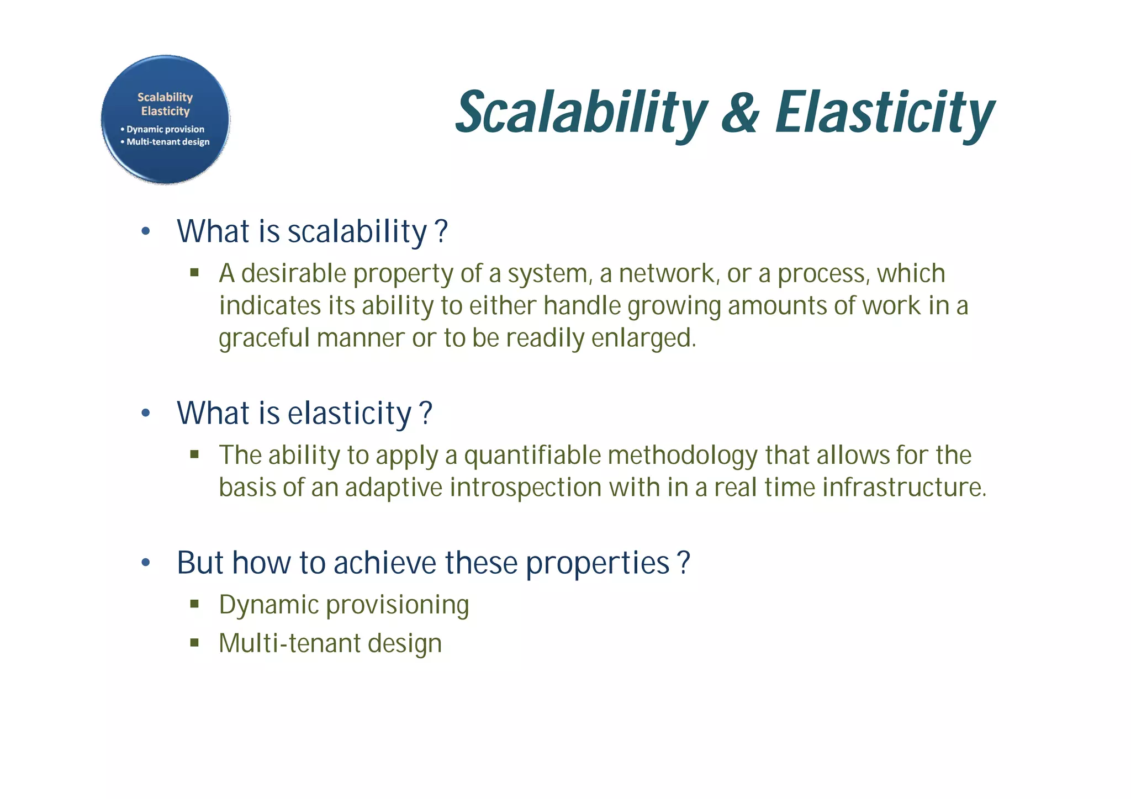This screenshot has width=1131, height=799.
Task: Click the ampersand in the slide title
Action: (740, 113)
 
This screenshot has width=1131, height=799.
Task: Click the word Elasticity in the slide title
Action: (884, 113)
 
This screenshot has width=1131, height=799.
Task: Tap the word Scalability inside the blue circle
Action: (165, 97)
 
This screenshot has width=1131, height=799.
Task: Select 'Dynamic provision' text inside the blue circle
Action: (165, 129)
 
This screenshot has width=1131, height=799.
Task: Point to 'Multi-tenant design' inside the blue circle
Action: (168, 142)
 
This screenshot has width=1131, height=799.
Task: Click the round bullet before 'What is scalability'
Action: (145, 231)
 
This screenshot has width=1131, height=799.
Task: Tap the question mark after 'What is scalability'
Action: (441, 231)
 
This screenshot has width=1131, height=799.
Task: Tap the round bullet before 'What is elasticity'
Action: (145, 413)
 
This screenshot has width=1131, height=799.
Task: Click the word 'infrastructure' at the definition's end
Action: (902, 488)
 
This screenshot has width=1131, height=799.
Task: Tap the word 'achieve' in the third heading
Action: (385, 563)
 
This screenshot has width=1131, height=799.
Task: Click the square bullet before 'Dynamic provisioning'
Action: (194, 604)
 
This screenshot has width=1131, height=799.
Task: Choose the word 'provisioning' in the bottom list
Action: (398, 605)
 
